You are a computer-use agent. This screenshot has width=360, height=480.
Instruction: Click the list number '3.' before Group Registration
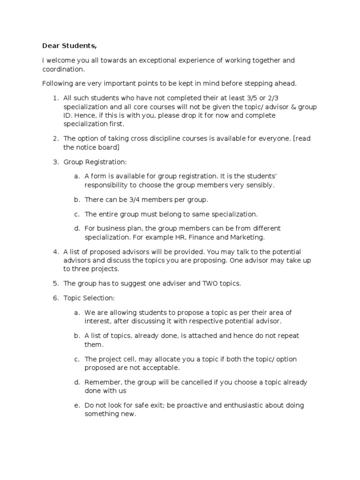tap(55, 162)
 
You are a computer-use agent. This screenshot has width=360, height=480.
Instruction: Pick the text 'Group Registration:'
tap(95, 162)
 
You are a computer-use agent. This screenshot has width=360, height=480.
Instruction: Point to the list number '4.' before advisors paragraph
tap(55, 252)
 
